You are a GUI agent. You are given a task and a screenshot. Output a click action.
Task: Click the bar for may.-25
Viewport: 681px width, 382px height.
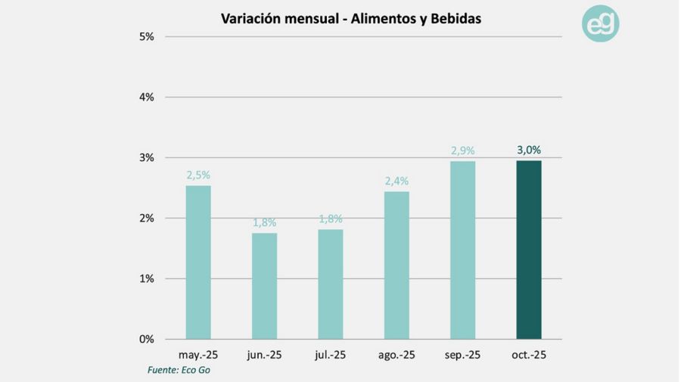click(x=198, y=262)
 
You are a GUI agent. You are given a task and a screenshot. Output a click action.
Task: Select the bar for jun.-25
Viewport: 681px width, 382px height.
click(x=265, y=285)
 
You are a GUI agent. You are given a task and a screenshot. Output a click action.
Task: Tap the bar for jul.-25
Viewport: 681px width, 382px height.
click(x=331, y=284)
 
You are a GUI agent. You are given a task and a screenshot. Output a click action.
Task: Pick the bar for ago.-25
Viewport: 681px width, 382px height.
click(x=396, y=265)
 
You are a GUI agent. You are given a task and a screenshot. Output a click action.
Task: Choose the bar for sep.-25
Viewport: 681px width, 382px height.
click(x=462, y=250)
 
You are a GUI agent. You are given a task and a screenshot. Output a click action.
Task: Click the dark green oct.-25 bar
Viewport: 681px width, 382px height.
click(x=529, y=250)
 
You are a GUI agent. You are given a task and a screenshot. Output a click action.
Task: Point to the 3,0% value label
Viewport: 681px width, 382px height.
click(x=529, y=150)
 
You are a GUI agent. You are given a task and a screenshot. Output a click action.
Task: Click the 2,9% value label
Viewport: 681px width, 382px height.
click(x=462, y=151)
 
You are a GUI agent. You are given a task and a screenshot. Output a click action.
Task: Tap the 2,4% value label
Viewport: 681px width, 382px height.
click(x=396, y=181)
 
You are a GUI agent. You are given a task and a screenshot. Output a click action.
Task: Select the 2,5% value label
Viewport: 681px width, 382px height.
click(x=198, y=175)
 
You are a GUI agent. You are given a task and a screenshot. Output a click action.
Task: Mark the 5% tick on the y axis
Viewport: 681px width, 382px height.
click(x=146, y=36)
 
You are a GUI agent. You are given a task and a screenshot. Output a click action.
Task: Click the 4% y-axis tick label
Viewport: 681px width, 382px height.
click(x=146, y=97)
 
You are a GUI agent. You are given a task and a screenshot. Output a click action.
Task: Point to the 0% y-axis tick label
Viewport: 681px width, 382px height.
click(x=146, y=339)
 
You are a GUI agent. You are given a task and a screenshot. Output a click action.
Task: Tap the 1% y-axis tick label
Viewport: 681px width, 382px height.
click(x=146, y=278)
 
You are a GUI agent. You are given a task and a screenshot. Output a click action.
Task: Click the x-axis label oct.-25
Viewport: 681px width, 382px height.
click(x=529, y=355)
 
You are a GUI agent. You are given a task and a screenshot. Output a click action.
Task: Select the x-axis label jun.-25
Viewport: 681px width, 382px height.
click(x=265, y=355)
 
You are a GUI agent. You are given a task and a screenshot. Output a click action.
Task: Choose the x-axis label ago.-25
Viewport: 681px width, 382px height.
click(x=396, y=355)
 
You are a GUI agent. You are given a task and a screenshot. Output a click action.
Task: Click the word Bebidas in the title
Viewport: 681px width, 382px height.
click(x=454, y=18)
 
